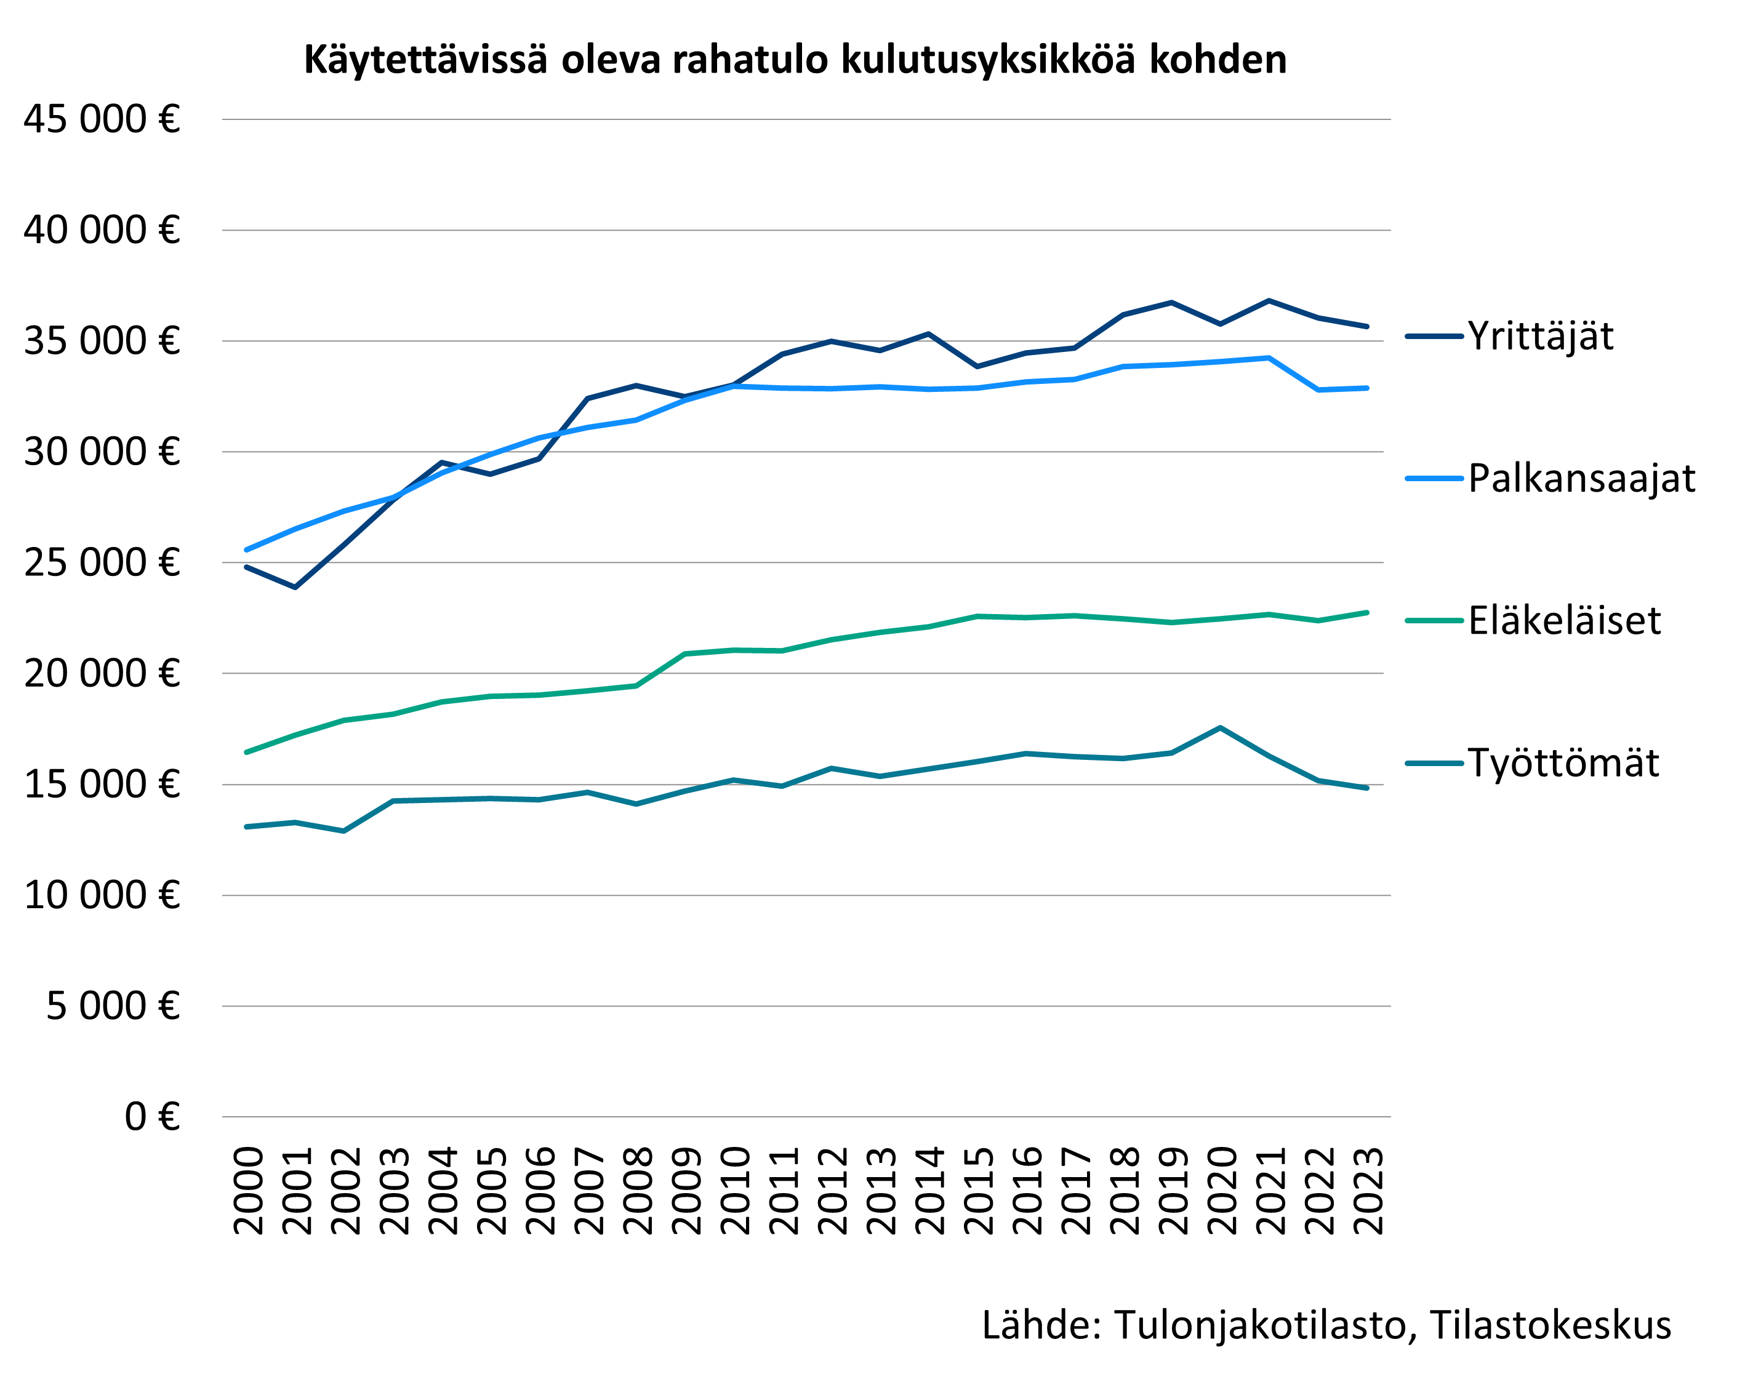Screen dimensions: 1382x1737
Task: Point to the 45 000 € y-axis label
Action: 102,119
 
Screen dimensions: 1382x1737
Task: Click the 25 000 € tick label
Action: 102,563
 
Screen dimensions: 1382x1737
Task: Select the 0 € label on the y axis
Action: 151,1117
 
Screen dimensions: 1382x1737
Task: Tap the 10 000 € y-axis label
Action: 102,895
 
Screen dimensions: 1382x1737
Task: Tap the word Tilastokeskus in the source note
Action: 1550,1325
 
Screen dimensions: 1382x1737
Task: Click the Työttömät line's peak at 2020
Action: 1221,728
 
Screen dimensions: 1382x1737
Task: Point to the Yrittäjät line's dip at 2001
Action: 295,587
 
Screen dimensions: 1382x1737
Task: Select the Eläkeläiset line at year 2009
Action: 685,654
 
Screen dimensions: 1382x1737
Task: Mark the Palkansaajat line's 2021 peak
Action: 1269,357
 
